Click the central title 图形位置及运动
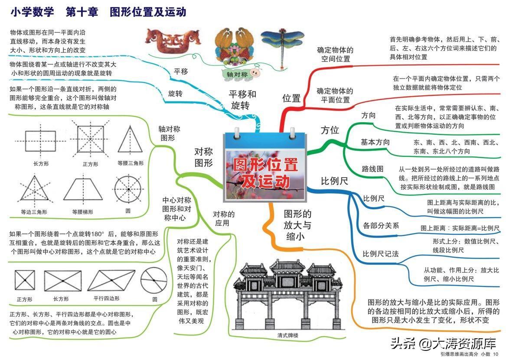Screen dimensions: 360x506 tap(265, 172)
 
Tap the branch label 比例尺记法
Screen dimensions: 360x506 tap(380, 254)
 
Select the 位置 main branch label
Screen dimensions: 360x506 tap(291, 98)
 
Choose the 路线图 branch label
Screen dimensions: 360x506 tap(373, 169)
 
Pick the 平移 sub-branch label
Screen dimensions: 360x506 tap(181, 71)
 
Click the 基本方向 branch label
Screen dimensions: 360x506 tap(375, 142)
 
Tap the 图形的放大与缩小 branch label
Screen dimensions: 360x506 tap(297, 225)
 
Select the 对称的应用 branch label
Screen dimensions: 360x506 tap(224, 219)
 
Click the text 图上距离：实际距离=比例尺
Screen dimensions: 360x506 tap(460, 228)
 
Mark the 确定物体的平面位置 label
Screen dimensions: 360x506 tap(334, 95)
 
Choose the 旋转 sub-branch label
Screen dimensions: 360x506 tap(175, 93)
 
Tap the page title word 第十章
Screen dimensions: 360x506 tap(82, 12)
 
